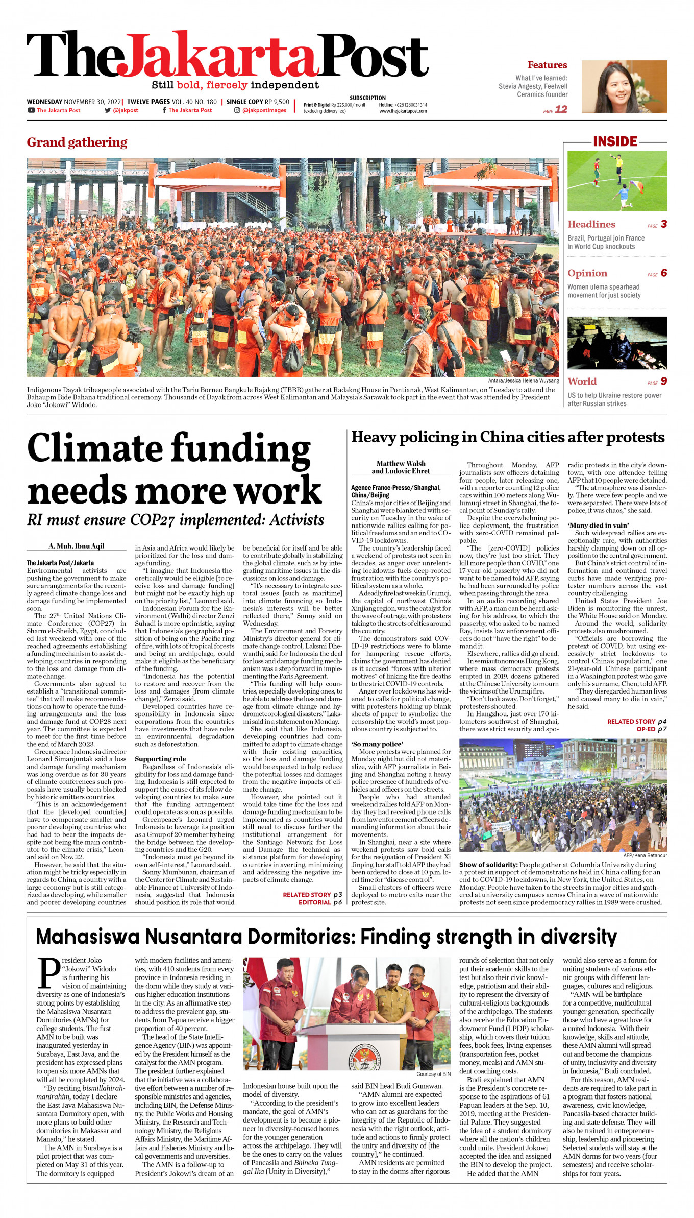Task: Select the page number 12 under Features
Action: pos(561,109)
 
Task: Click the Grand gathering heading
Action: pos(77,142)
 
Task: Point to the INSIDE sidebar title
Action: pos(615,141)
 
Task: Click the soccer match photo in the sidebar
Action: pos(617,180)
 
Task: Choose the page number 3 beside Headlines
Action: pos(663,224)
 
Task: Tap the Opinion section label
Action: pos(587,273)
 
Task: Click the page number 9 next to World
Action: pos(663,381)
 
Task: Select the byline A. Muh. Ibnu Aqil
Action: pos(77,546)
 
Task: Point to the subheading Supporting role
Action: pos(160,759)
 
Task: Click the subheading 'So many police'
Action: pos(377,744)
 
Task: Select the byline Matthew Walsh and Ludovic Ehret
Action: pos(401,467)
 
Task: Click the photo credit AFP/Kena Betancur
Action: pos(645,855)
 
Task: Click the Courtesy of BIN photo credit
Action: pos(433,1074)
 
